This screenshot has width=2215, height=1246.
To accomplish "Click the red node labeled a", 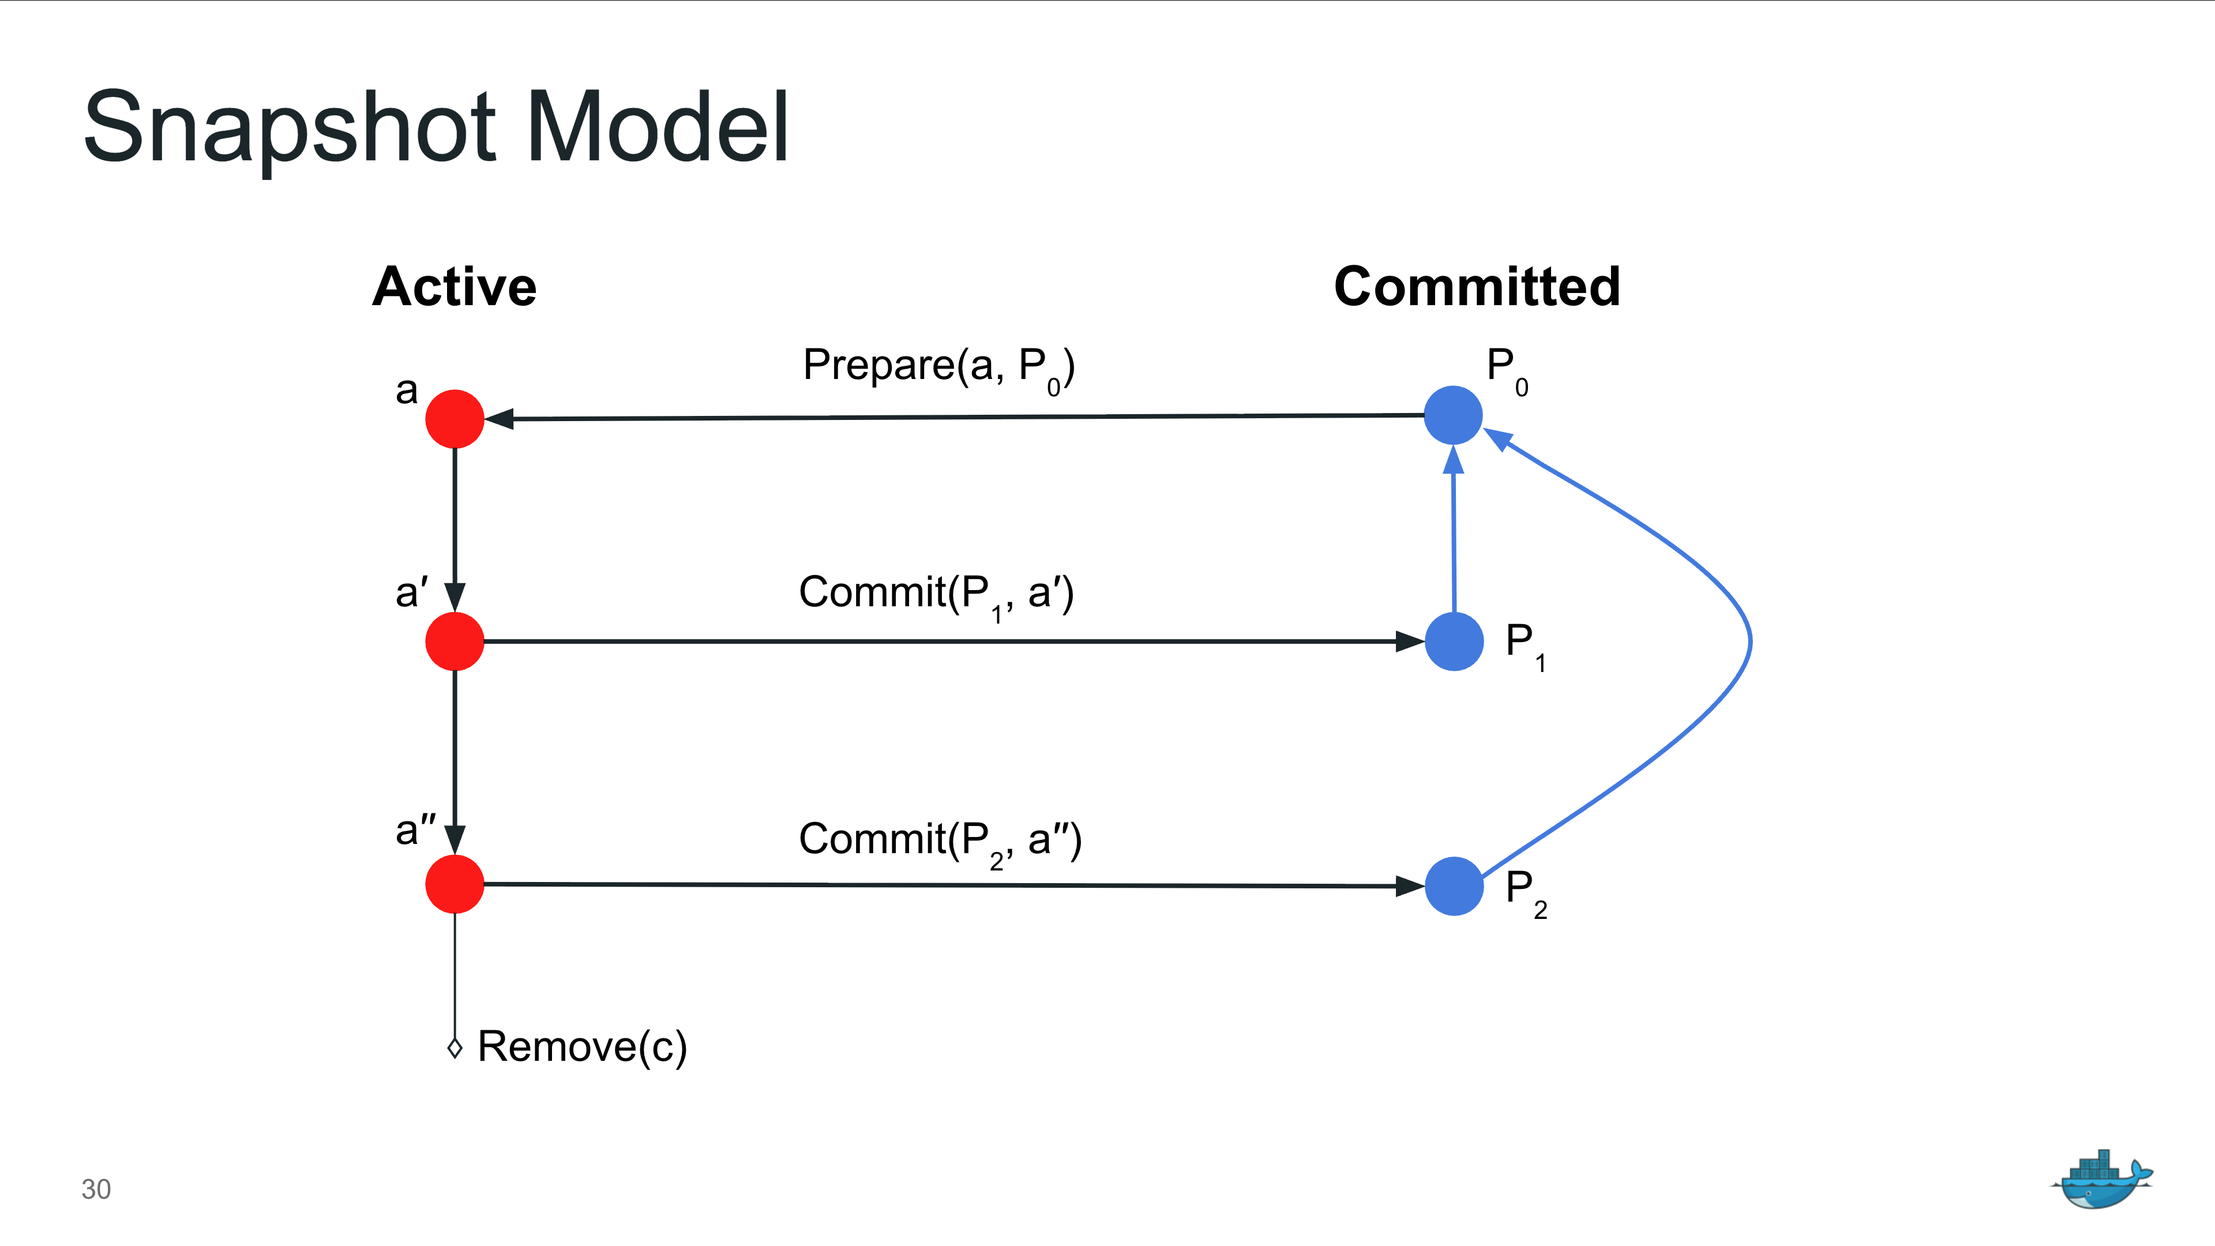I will (455, 419).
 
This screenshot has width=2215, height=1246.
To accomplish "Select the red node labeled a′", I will (455, 641).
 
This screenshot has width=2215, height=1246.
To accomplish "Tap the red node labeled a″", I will (455, 884).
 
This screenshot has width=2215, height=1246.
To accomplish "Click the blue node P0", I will (1453, 415).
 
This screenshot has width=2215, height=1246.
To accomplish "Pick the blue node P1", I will (1454, 641).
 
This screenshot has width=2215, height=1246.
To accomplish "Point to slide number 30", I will (95, 1189).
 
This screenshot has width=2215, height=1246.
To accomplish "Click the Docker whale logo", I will (2101, 1180).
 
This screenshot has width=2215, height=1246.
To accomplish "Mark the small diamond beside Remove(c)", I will (455, 1048).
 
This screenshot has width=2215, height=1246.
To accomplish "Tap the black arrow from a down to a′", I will (455, 524).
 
